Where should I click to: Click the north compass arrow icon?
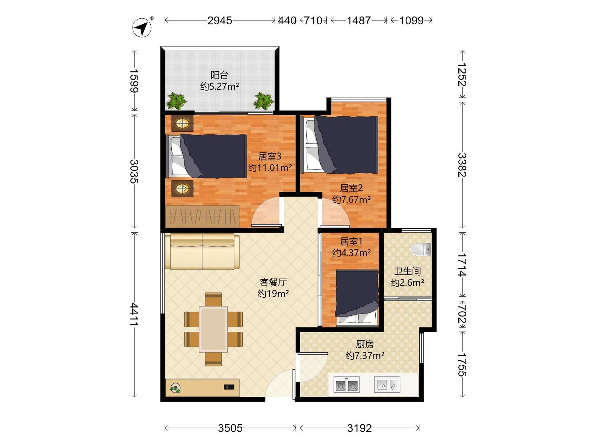tap(142, 27)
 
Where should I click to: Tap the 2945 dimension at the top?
tap(219, 20)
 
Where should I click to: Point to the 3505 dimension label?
tap(230, 428)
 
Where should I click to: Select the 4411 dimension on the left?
tap(134, 314)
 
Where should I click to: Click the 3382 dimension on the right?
tap(462, 165)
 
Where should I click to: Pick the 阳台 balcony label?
tap(219, 75)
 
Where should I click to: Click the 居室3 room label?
tap(270, 156)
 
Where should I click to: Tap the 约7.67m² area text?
tap(351, 200)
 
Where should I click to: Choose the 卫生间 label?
tap(407, 271)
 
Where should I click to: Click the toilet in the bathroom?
tap(421, 249)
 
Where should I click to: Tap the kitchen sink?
tap(387, 385)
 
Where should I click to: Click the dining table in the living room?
tap(213, 329)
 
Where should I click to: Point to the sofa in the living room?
tap(202, 251)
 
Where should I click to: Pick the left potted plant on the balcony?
tap(176, 101)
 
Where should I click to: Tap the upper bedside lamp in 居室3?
tap(182, 124)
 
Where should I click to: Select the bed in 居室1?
tap(357, 297)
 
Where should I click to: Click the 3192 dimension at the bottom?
tap(359, 428)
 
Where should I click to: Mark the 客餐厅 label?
tap(273, 282)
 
